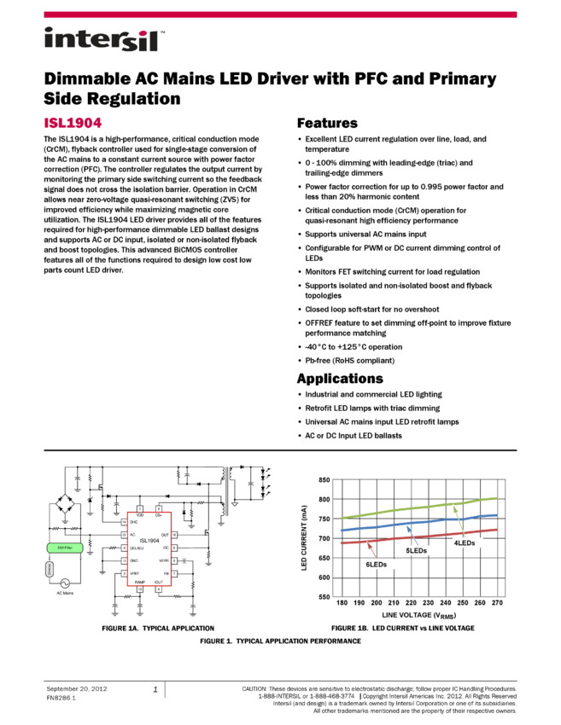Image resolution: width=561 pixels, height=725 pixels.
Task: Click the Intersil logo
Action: click(x=104, y=40)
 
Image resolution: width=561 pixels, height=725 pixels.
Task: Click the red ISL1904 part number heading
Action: click(x=73, y=123)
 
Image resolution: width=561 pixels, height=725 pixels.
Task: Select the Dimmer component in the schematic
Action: click(x=50, y=570)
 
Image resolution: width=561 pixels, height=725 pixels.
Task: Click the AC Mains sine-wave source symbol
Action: click(x=64, y=583)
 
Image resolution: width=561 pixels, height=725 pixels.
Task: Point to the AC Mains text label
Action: click(x=65, y=593)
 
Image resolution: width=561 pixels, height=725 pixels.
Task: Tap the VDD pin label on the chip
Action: click(x=140, y=515)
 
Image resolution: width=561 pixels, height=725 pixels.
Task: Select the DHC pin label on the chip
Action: click(x=134, y=522)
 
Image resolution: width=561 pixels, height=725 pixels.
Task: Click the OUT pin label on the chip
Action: click(x=165, y=535)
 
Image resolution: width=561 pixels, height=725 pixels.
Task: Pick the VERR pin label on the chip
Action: click(x=164, y=560)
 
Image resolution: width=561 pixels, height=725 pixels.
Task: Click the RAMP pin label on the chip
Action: click(x=140, y=582)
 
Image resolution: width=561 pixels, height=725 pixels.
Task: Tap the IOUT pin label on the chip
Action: click(x=159, y=582)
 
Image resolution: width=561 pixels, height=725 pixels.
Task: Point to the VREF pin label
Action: click(x=134, y=573)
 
